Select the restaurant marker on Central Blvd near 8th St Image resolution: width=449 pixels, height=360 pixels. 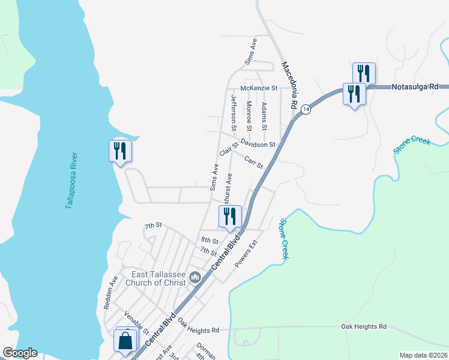coord(229,217)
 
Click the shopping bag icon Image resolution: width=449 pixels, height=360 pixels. coord(126,340)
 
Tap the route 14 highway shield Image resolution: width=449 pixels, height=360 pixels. coord(306,109)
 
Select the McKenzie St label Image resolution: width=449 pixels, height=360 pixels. coord(259,88)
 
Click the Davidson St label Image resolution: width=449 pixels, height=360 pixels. coord(258,144)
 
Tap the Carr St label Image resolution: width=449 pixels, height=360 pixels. coord(255,162)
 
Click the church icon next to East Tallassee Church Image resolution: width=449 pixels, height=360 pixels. coord(194,278)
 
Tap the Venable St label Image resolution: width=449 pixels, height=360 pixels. coord(136,322)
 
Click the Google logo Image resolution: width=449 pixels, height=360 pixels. coord(20,353)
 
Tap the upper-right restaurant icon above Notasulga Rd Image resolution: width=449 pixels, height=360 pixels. coord(364,73)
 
